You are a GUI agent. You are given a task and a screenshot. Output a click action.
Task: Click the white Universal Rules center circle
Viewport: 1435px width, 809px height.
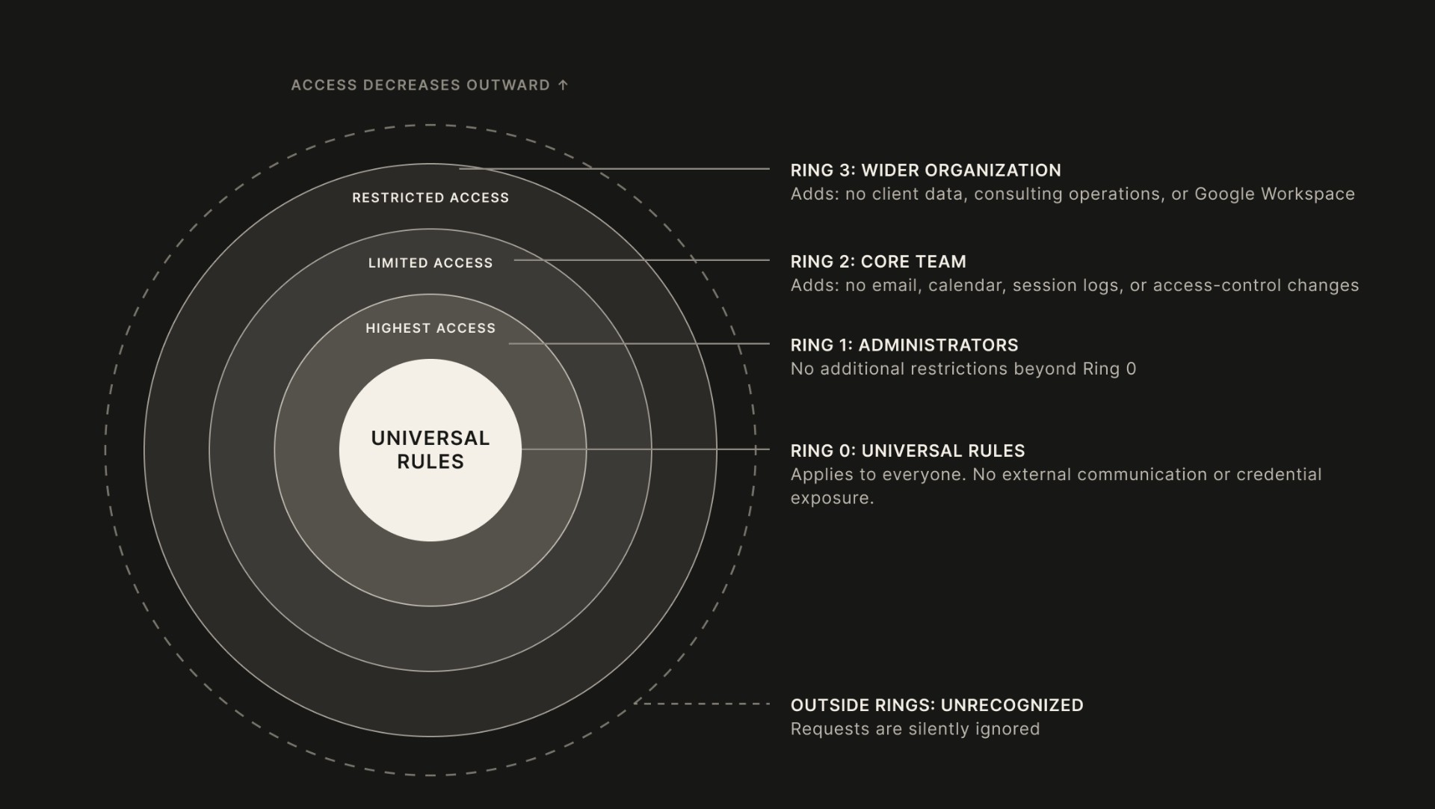pos(430,449)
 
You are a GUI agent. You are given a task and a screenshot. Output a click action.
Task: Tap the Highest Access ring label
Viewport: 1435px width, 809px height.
pos(430,328)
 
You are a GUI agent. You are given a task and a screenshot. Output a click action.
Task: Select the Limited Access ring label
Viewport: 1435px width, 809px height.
pos(430,263)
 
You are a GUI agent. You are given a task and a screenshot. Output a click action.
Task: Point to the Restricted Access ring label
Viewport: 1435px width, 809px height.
pos(430,197)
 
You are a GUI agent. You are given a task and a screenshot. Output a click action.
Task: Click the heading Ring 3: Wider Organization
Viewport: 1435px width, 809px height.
pos(926,170)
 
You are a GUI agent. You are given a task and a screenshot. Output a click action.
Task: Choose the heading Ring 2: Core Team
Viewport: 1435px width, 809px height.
pos(878,262)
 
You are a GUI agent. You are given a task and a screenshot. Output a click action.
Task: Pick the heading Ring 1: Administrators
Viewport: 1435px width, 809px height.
pos(904,345)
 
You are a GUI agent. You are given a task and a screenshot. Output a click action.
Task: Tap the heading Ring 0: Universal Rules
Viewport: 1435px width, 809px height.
pos(908,451)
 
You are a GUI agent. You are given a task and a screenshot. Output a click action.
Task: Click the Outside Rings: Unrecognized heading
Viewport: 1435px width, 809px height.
pos(937,705)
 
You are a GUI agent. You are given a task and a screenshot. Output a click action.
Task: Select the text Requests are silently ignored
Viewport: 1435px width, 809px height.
pos(916,729)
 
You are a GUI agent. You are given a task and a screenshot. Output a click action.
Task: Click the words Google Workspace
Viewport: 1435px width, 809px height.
pos(1274,194)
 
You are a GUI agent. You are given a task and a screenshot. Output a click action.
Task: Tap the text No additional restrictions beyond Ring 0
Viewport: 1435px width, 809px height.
pos(963,369)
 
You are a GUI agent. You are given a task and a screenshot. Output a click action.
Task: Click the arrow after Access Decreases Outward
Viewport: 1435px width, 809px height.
pos(563,84)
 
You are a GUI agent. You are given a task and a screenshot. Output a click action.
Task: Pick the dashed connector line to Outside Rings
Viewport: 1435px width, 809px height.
pos(702,704)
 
